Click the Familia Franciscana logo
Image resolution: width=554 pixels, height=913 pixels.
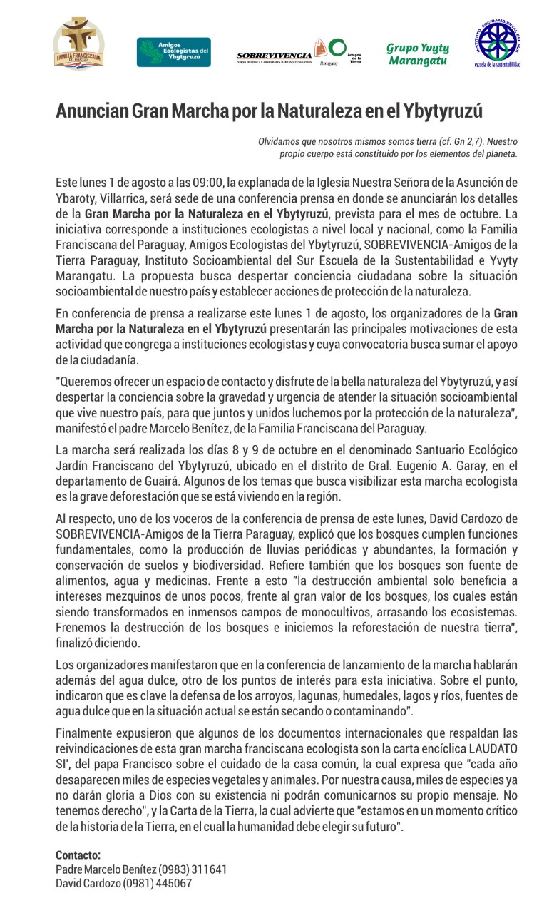pyautogui.click(x=79, y=44)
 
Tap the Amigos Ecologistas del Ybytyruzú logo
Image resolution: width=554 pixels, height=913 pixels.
pyautogui.click(x=174, y=52)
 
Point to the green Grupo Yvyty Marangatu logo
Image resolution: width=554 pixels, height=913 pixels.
pyautogui.click(x=418, y=54)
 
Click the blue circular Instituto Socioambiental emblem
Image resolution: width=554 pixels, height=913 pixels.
pyautogui.click(x=498, y=44)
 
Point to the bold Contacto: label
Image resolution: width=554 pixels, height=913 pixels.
pyautogui.click(x=78, y=855)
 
